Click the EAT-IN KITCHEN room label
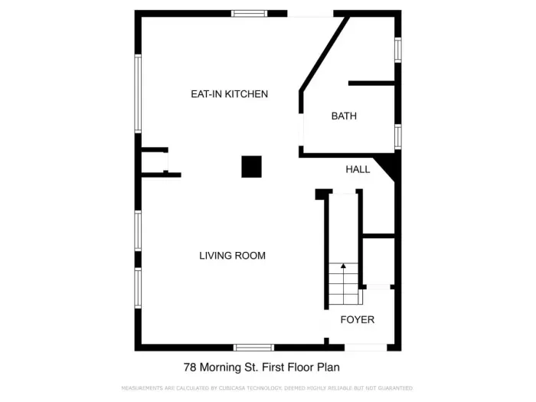229,94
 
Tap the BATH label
344,116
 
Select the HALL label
358,169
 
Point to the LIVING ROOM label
232,256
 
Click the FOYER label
358,319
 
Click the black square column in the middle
251,166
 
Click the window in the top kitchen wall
250,13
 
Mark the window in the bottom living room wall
253,348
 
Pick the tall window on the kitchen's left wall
139,93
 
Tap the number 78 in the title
190,368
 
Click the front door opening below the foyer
365,348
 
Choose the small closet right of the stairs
378,260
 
